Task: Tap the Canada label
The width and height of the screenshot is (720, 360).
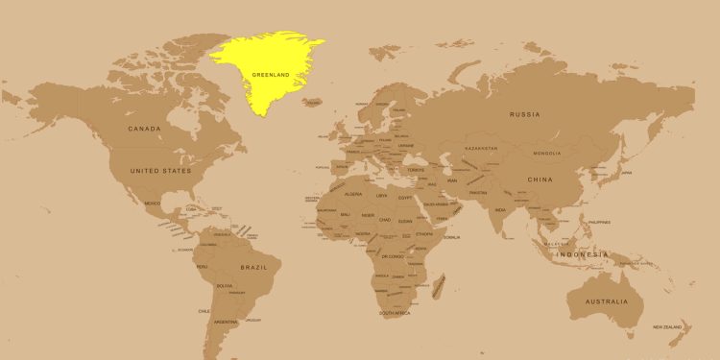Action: pos(145,128)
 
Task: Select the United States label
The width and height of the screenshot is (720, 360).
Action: pos(160,170)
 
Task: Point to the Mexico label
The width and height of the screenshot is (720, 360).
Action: pos(153,204)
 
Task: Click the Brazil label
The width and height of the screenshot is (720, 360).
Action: pos(253,267)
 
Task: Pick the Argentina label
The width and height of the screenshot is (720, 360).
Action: pos(226,322)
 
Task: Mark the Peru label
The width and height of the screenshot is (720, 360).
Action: pos(202,266)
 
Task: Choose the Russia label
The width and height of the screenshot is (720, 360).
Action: pos(525,114)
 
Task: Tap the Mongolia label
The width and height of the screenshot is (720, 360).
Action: pos(547,154)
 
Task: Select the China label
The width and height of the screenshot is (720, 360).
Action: pos(540,180)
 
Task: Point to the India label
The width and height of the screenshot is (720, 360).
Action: pos(500,209)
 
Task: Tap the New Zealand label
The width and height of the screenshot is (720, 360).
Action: pos(668,327)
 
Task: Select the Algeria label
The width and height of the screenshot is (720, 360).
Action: pos(353,194)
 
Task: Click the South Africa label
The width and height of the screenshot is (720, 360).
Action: pos(396,314)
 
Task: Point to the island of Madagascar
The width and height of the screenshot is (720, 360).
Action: pos(440,285)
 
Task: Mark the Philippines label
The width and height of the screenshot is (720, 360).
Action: pos(600,222)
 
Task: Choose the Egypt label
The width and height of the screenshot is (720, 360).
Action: pos(405,197)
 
